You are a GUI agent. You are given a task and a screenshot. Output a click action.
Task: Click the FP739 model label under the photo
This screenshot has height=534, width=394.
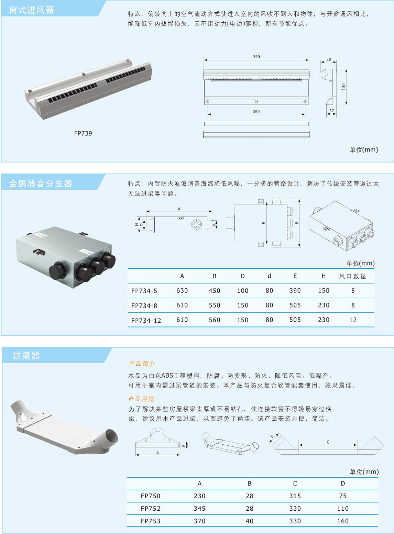tap(83, 133)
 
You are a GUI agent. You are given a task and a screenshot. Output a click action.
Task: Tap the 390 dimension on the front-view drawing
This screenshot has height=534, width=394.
tap(256, 57)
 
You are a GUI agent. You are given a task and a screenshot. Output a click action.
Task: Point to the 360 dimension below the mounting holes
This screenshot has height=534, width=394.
tap(256, 111)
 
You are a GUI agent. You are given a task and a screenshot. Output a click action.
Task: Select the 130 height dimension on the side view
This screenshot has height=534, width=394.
tap(344, 87)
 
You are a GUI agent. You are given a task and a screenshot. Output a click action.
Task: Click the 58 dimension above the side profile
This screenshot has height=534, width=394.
tap(329, 59)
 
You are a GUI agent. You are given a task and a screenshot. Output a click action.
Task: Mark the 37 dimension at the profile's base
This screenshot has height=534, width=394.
tap(331, 111)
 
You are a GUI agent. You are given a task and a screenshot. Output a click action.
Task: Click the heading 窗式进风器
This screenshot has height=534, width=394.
tap(32, 10)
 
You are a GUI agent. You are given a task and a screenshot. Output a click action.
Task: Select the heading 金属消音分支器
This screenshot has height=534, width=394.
tap(41, 183)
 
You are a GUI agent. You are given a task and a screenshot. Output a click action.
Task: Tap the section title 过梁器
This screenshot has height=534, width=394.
tap(26, 355)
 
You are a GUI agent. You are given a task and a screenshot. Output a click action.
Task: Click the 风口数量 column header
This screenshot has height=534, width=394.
tap(352, 276)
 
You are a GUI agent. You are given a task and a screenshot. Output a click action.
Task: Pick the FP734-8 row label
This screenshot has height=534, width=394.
tap(144, 305)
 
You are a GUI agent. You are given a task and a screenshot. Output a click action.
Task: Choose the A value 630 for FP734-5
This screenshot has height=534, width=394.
tap(182, 291)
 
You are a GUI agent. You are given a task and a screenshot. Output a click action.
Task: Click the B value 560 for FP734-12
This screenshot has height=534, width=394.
tap(215, 320)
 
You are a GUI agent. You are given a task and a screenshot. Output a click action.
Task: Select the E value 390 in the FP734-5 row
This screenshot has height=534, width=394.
tap(295, 291)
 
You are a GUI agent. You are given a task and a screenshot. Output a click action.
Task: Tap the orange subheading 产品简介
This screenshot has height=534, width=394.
tap(142, 364)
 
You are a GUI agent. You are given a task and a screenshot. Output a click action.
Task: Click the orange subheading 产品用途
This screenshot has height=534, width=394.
tap(141, 399)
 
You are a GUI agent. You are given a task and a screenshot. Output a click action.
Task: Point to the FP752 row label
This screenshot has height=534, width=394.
tap(151, 509)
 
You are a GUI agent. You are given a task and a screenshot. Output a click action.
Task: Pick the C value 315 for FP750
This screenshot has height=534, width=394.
tap(295, 496)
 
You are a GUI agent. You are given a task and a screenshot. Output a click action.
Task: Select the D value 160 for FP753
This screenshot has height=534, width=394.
tap(343, 521)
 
